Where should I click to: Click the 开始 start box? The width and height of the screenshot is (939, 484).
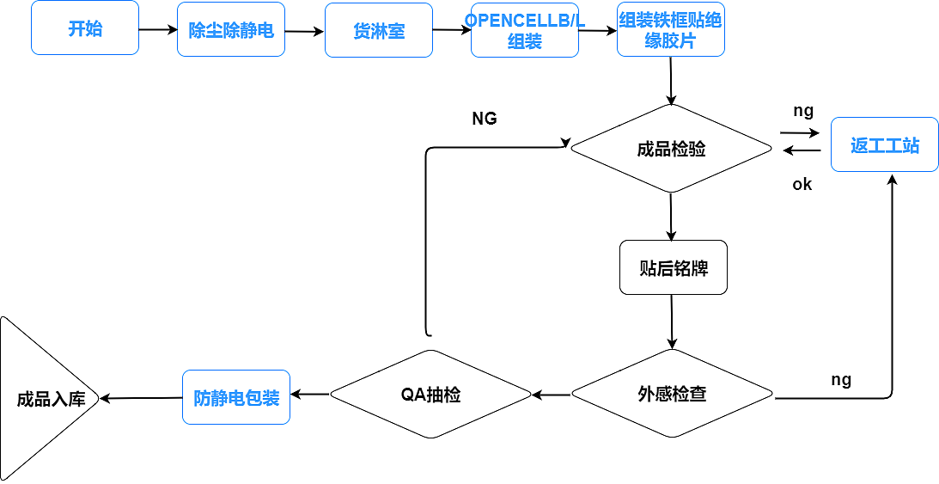tap(84, 28)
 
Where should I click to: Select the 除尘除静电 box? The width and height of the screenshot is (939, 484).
tap(230, 30)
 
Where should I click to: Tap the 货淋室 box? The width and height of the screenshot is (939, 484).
tap(378, 30)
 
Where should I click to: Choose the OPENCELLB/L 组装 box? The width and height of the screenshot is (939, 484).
tap(524, 30)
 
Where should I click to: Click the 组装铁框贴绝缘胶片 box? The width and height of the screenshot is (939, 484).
tap(670, 30)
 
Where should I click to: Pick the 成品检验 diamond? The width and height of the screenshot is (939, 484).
tap(671, 149)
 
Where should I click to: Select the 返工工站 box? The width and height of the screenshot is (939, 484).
tap(884, 144)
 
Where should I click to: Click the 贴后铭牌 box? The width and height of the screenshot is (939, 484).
tap(673, 267)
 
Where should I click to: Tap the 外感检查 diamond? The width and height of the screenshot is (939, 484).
tap(672, 395)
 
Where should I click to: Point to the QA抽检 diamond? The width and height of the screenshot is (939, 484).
tap(430, 395)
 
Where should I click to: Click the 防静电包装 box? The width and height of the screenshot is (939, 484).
tap(236, 397)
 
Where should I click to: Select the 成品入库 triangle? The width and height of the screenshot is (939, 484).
tap(43, 399)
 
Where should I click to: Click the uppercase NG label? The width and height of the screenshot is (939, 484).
tap(485, 119)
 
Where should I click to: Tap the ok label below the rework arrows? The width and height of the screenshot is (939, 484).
tap(802, 184)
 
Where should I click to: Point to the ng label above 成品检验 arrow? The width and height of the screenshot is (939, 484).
tap(802, 110)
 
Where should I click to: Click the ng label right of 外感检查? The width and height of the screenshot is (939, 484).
tap(841, 379)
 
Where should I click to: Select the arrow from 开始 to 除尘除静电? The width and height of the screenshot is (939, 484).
tap(157, 29)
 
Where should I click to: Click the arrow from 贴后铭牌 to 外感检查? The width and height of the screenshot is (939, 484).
tap(672, 322)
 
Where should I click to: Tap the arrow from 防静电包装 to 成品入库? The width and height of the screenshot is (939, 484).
tap(141, 398)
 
